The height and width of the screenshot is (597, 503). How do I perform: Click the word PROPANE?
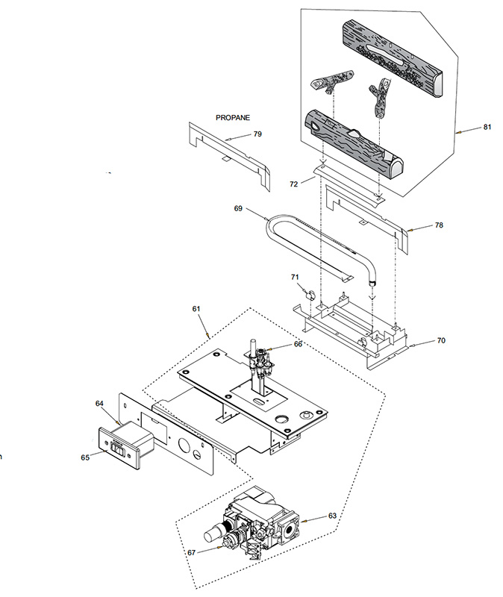(233, 118)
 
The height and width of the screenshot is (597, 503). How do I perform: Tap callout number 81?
(487, 127)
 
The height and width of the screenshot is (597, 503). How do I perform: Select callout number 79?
(257, 134)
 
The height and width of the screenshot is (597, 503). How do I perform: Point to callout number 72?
(293, 184)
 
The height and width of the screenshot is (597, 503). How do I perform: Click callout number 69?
(238, 209)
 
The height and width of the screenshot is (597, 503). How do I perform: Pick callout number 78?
(439, 225)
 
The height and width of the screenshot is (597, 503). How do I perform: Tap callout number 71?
(295, 277)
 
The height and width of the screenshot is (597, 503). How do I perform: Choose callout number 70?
(441, 340)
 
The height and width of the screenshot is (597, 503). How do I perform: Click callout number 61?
(196, 309)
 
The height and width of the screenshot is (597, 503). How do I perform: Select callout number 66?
(298, 344)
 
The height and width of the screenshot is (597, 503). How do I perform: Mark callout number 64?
(99, 404)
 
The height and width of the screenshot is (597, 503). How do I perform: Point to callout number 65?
(85, 457)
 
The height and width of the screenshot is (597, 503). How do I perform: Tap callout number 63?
(332, 516)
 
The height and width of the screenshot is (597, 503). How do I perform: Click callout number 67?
(192, 552)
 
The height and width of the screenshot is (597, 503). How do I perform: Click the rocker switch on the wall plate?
(117, 448)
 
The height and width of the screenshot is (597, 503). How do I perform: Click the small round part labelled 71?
(310, 295)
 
